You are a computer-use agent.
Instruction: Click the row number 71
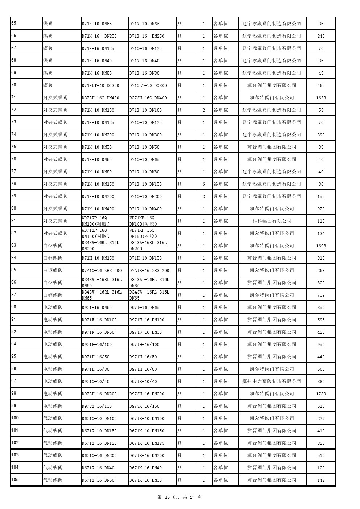(13, 97)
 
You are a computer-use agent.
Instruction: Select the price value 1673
(321, 98)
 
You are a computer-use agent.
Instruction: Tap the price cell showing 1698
(321, 246)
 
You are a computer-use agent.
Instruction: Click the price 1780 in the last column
(321, 394)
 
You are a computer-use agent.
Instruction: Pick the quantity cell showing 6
(204, 184)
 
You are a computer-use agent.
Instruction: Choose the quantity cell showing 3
(204, 197)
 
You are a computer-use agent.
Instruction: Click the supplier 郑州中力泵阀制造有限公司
(272, 381)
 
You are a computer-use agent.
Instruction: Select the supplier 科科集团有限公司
(272, 221)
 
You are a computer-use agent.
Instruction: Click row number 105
(15, 480)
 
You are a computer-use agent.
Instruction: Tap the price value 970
(321, 209)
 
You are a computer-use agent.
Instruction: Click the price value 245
(321, 36)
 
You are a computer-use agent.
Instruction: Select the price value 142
(321, 480)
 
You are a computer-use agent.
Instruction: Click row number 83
(13, 245)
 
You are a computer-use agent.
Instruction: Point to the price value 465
(321, 86)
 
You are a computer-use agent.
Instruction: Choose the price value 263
(321, 271)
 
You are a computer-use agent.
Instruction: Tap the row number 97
(13, 381)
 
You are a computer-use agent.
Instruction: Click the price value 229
(321, 419)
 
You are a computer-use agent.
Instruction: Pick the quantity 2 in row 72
(204, 110)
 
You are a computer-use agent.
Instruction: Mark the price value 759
(321, 295)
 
